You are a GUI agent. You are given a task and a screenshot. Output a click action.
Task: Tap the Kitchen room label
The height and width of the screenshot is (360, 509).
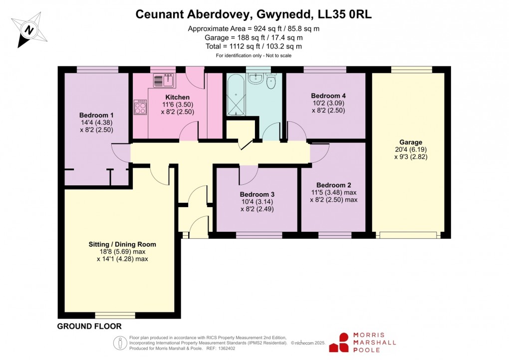177,97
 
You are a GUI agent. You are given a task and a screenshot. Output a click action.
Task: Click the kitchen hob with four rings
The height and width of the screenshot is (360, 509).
140,107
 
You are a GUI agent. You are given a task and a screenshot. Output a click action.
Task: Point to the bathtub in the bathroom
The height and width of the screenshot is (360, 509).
235,97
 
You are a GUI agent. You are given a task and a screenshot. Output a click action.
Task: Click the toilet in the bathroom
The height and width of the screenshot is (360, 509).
271,81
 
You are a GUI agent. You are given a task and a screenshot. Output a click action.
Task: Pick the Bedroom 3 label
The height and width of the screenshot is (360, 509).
257,194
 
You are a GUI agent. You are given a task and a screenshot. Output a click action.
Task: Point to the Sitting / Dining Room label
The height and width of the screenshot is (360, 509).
122,244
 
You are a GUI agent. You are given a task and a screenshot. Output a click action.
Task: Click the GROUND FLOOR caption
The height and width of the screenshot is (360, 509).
89,327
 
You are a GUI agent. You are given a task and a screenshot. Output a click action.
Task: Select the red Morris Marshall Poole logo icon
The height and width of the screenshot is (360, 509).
344,343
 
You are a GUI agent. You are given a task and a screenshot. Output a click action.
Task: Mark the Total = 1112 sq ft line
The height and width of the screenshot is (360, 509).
254,46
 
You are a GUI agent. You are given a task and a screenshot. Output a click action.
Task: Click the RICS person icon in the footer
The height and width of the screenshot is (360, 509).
120,343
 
